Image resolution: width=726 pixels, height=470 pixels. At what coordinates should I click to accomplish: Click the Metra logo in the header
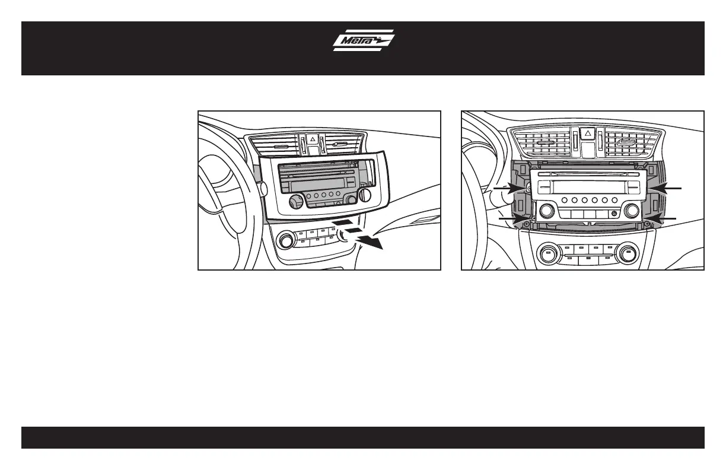coord(363,40)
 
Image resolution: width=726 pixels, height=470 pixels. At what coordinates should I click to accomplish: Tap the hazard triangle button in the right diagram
coord(588,134)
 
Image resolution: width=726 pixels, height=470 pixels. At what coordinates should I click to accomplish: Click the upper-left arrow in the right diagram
coord(509,188)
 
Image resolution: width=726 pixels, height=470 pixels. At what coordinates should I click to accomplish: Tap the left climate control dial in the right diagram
coord(546,255)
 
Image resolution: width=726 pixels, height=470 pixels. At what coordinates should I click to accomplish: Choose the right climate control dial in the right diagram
coord(627,255)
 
